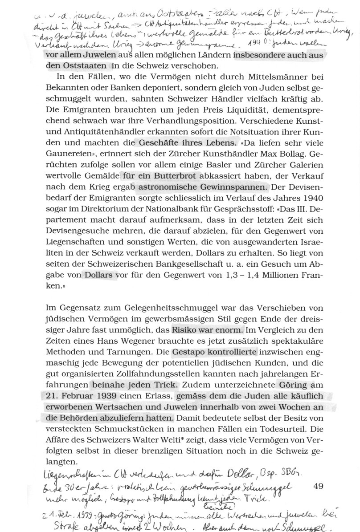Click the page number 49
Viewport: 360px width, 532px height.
click(318, 487)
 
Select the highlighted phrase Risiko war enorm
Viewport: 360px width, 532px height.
click(207, 330)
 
